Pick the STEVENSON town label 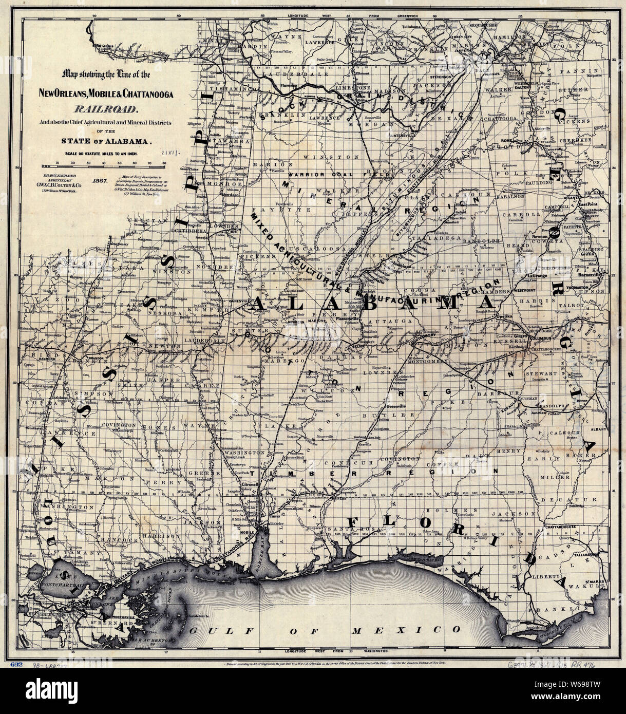coord(451,77)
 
